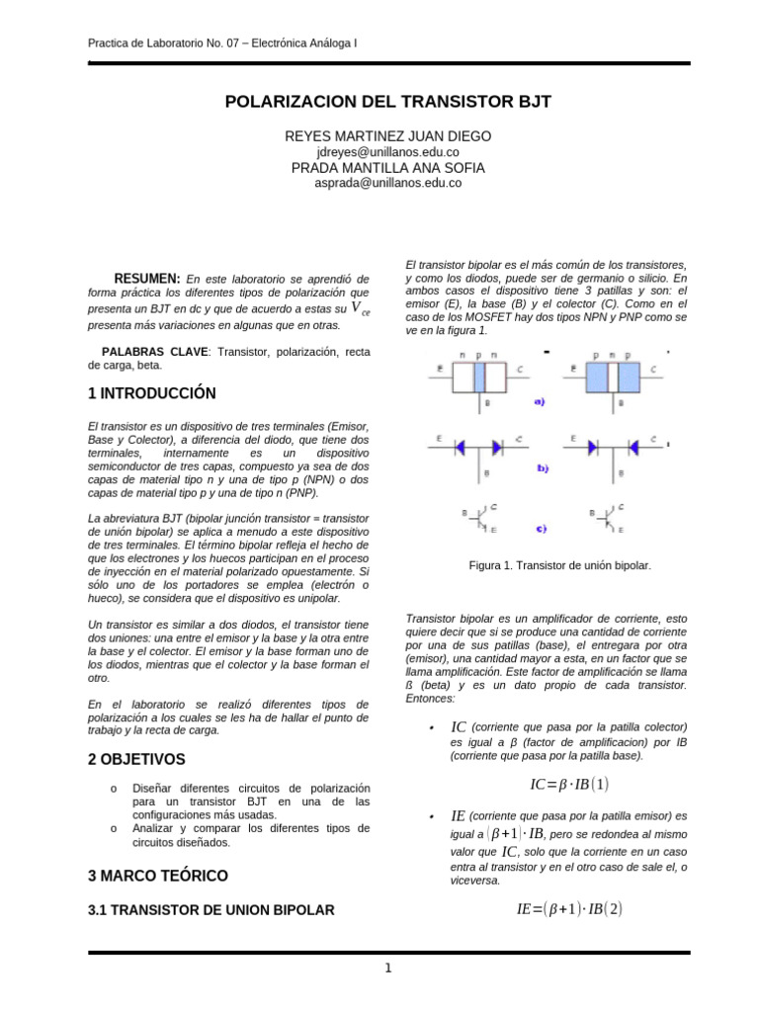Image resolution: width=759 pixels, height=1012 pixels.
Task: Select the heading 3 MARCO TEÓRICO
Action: [157, 876]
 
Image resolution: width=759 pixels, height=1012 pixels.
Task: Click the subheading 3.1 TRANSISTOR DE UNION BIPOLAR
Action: [211, 909]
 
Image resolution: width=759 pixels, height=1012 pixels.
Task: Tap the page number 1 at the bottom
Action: [389, 968]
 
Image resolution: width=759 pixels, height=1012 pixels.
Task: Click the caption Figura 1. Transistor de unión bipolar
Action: [559, 565]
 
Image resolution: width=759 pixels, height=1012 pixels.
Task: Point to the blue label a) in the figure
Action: [540, 401]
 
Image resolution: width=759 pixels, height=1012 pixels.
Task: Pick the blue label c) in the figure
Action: [541, 529]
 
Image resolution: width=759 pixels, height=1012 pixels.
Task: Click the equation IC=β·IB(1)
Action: [569, 785]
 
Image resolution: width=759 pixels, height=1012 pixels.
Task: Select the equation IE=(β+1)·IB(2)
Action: [569, 908]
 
